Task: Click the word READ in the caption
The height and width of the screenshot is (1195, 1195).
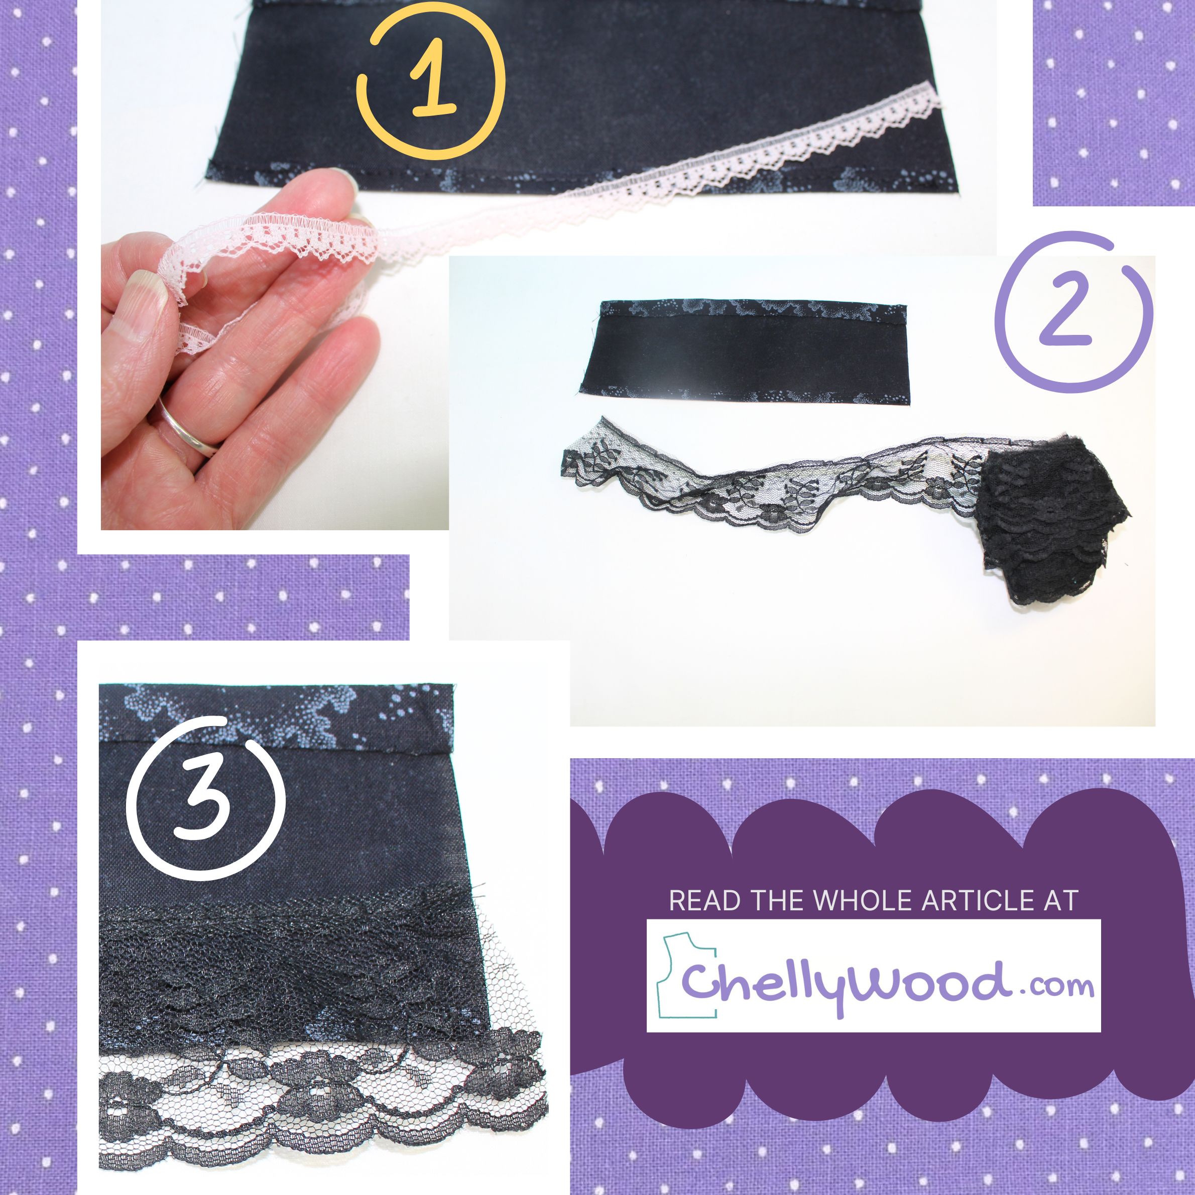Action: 704,901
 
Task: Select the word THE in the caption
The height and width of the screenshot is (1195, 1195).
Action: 777,901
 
